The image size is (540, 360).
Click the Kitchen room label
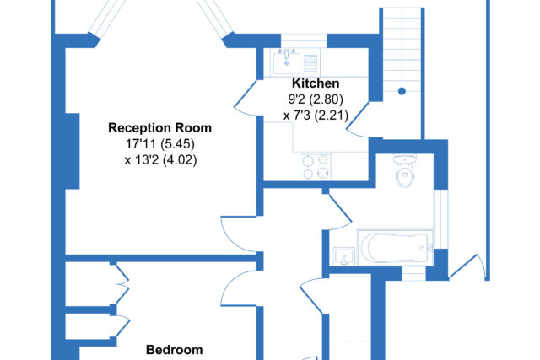point(316,83)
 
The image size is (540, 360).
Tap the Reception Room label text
point(159,127)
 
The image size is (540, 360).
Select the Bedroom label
point(175,350)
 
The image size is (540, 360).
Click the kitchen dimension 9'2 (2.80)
point(316,99)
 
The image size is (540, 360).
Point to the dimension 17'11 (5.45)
point(159,143)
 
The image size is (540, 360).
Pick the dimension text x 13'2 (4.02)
point(160,159)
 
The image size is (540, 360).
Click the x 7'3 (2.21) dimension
point(316,115)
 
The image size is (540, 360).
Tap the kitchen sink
point(286,62)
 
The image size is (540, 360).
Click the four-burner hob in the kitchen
point(316,166)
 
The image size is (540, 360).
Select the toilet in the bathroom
point(405,170)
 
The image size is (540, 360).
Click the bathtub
point(396,248)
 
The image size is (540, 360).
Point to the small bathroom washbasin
point(344,256)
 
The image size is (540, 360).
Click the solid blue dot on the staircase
point(402,91)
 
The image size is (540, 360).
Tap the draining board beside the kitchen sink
point(310,64)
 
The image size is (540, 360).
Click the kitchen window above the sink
point(304,40)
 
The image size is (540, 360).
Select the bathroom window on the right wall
point(440,219)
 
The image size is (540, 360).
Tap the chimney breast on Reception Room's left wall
point(73,151)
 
